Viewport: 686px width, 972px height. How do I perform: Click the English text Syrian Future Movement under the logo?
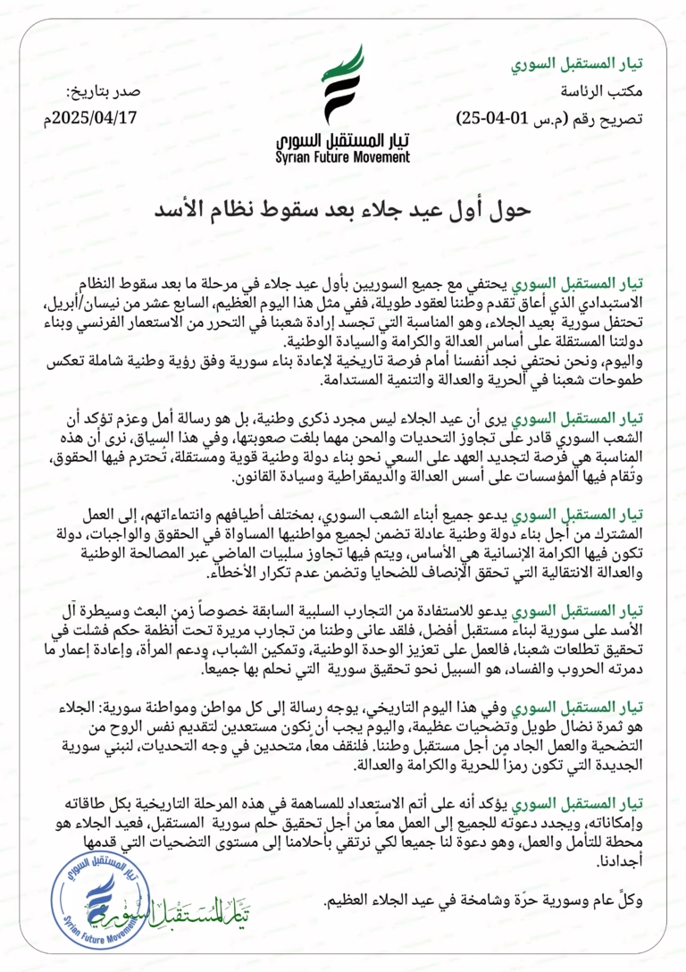(343, 157)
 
